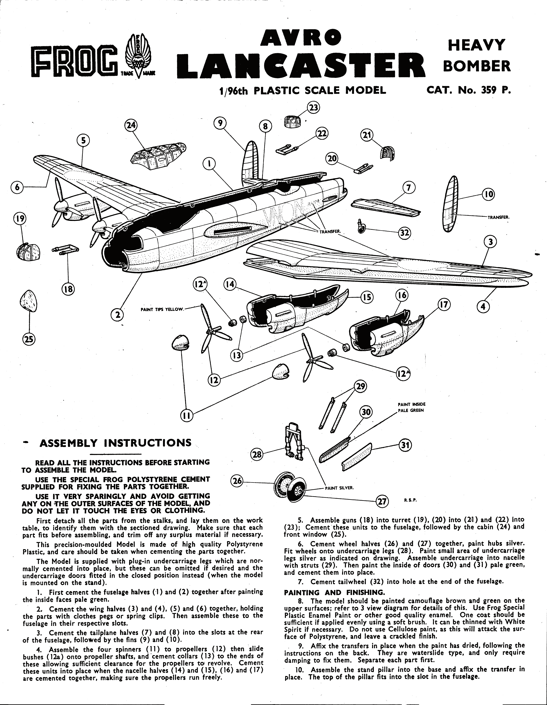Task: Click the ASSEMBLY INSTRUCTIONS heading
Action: pyautogui.click(x=115, y=443)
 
